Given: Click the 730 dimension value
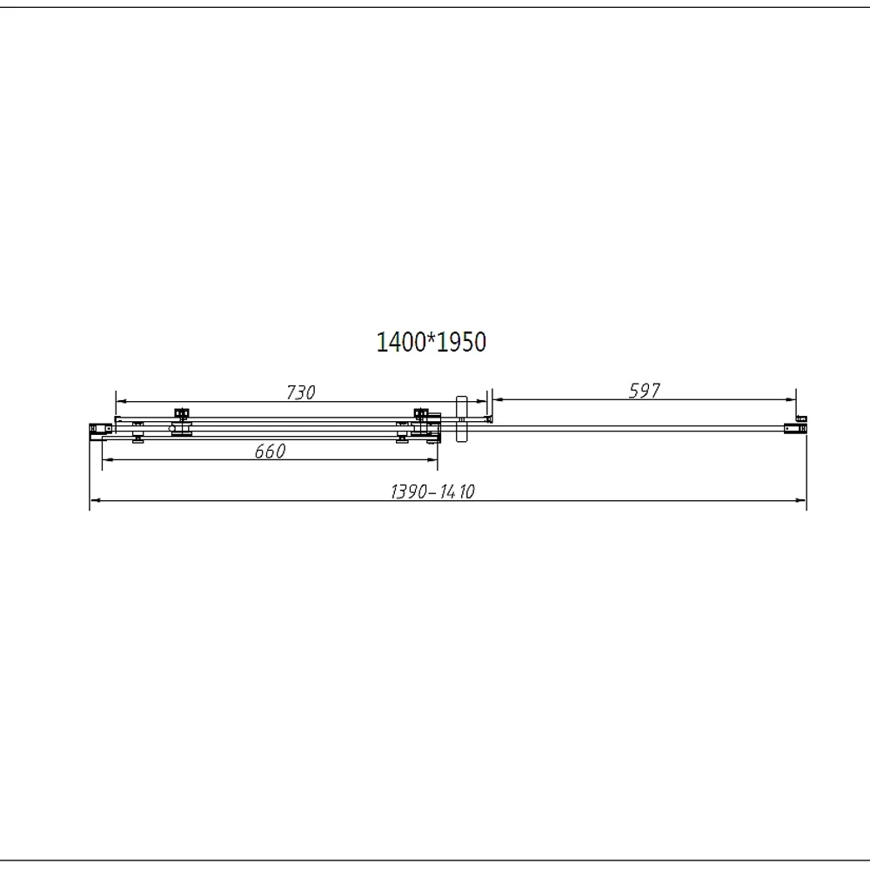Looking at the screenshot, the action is point(301,392).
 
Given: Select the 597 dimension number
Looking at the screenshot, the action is point(644,391).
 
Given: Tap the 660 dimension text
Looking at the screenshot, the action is point(271,451).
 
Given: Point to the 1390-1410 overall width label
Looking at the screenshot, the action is point(432,492).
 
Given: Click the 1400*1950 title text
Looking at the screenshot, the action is point(432,342).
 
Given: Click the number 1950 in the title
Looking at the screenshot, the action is point(462,342).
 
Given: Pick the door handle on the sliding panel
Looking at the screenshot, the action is point(462,419).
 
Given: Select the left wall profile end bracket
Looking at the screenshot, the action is point(100,428).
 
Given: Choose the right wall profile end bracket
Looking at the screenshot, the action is point(795,428).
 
